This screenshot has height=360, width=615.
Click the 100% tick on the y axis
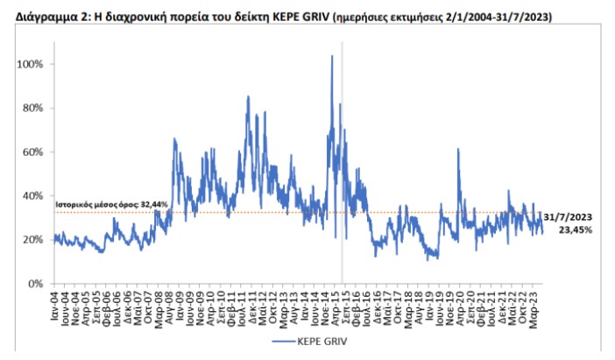coord(32,65)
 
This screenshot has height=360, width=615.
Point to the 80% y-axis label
coord(34,109)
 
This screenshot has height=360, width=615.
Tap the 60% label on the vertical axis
coord(34,152)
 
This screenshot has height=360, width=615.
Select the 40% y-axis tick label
coord(34,196)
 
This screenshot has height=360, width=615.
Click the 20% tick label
coord(34,240)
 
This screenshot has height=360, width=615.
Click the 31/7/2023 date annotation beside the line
coord(568,216)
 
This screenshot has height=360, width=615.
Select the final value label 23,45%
coord(575,229)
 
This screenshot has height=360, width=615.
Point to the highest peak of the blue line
coord(332,56)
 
